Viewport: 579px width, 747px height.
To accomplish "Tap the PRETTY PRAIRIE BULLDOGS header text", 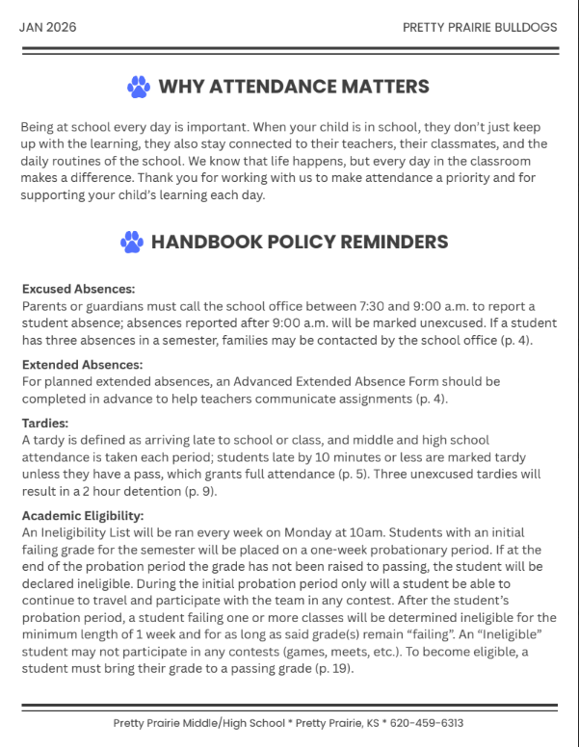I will pyautogui.click(x=480, y=27).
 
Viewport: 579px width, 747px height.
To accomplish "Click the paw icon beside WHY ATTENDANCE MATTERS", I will pyautogui.click(x=139, y=88).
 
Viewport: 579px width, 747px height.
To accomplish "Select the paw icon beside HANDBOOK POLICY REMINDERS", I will pyautogui.click(x=132, y=242).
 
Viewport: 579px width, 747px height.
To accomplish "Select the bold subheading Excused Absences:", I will pyautogui.click(x=78, y=288).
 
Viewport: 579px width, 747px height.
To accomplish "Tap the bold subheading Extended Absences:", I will pyautogui.click(x=82, y=365).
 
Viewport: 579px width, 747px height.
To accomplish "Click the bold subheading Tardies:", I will pyautogui.click(x=44, y=422).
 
